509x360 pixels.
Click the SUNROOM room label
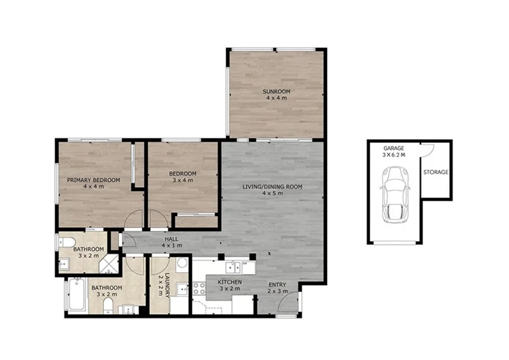(276, 91)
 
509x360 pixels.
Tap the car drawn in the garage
(395, 195)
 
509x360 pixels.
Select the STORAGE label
(436, 172)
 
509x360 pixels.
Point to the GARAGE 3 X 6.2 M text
(394, 152)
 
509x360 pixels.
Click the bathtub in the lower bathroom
(76, 295)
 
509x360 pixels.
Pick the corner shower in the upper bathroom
(109, 264)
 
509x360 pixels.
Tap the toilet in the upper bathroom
(67, 243)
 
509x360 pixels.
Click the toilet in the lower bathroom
(108, 306)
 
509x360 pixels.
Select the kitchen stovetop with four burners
(199, 288)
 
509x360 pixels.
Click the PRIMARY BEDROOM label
(94, 180)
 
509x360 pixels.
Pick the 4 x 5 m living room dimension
(273, 194)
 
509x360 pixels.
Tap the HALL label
(172, 239)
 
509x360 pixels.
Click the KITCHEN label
(230, 282)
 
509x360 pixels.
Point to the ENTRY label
(277, 285)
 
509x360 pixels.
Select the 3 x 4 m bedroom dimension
(183, 180)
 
